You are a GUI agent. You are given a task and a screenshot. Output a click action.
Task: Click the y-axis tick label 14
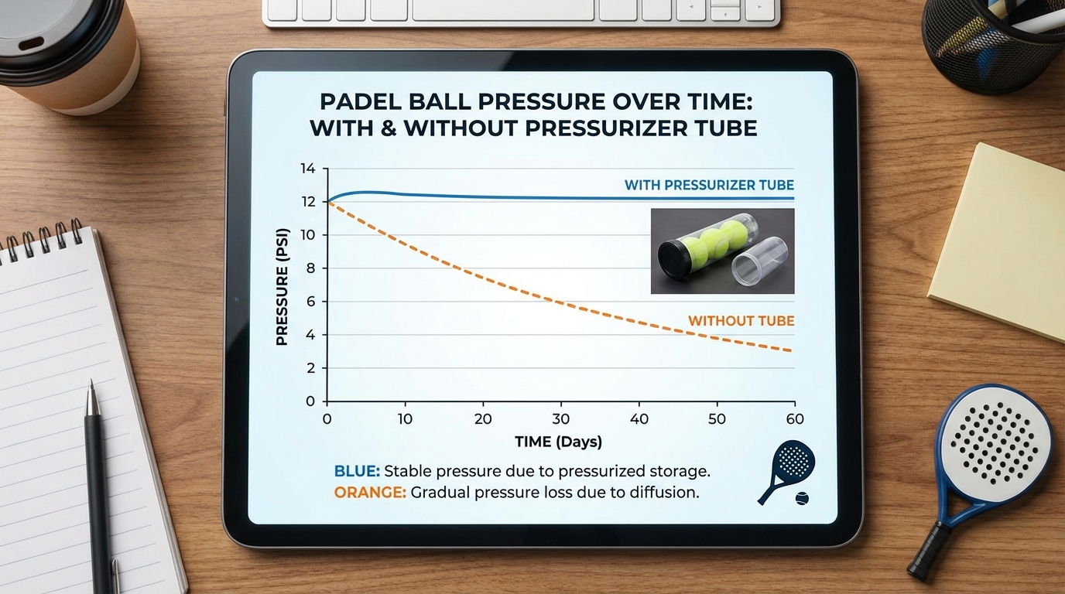pos(308,169)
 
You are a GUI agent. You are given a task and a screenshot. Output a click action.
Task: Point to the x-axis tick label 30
pos(560,419)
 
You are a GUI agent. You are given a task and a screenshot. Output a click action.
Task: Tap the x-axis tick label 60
pos(794,419)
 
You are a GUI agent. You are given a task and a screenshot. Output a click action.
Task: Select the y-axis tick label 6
pos(310,302)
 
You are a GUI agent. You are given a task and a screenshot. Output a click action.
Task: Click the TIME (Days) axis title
pos(558,442)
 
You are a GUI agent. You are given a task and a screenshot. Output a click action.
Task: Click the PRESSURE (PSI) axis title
pos(282,286)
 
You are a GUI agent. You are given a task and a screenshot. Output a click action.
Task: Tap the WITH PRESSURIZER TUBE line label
pos(709,186)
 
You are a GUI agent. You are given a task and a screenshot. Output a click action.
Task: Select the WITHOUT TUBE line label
pos(741,321)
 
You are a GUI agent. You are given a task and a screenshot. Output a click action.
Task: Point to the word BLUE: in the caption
pos(357,471)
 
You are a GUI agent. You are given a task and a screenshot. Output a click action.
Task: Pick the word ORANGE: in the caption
pos(370,493)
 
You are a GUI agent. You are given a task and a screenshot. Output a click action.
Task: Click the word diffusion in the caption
pos(662,493)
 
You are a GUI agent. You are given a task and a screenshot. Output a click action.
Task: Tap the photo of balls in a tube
pos(722,251)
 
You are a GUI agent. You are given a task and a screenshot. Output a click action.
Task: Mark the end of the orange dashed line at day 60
pos(791,350)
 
